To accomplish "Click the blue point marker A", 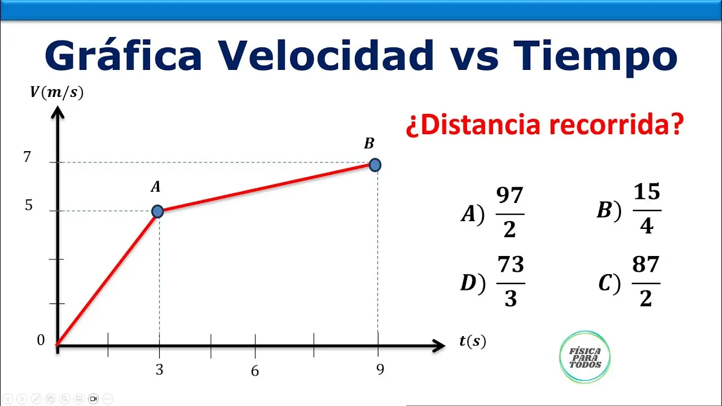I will coord(157,211).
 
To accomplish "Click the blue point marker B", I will coord(375,165).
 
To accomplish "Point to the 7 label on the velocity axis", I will coord(27,157).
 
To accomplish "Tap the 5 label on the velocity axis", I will coord(29,206).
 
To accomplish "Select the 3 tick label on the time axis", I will coord(160,370).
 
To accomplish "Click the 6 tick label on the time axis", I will coord(255,371).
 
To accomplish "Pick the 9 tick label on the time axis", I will coord(380,369).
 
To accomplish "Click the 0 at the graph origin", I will coord(41,340).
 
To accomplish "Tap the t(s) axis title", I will coord(472,341).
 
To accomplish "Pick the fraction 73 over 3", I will coord(510,282).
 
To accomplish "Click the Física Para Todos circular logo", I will coord(585,356).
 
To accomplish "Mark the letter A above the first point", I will coord(156,187).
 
